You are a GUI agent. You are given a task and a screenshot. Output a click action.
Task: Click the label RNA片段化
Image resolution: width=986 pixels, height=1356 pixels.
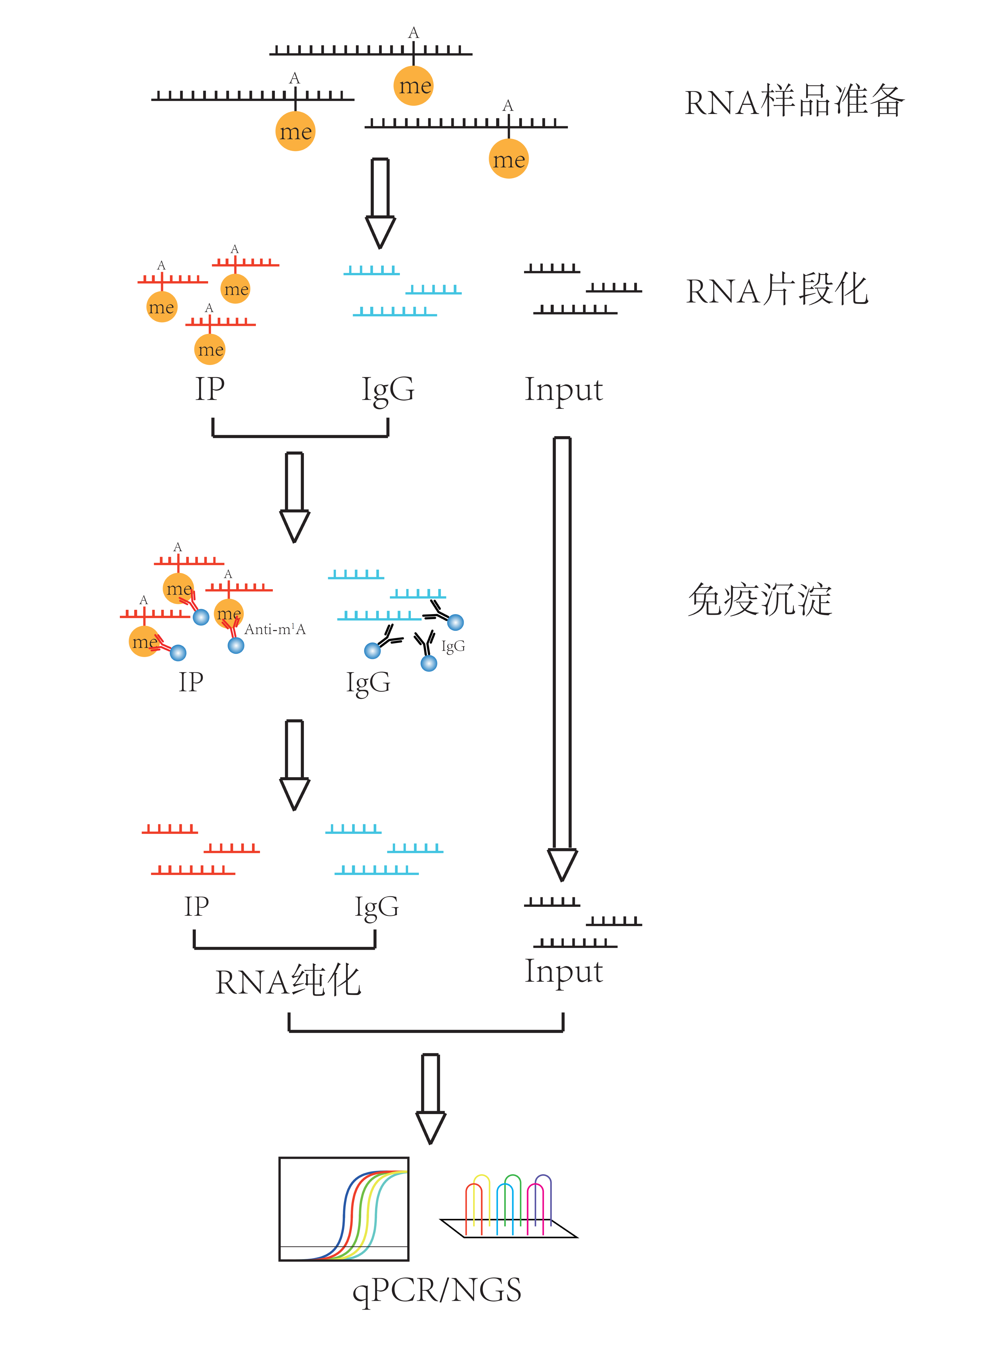click(x=777, y=291)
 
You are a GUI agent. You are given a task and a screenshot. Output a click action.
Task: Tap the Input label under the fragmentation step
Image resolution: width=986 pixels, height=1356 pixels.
click(x=564, y=390)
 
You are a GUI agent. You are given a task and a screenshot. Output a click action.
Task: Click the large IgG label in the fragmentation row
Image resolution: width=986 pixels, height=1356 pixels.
click(x=388, y=390)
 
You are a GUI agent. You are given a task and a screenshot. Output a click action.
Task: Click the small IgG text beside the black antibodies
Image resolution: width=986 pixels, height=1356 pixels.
click(x=453, y=646)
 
